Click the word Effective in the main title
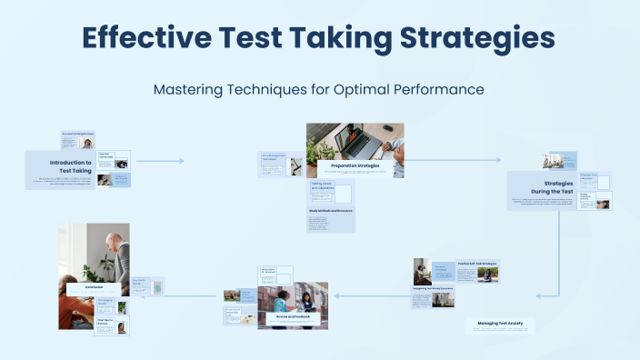pyautogui.click(x=146, y=38)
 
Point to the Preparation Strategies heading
pyautogui.click(x=355, y=165)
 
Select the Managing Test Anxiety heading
pyautogui.click(x=500, y=323)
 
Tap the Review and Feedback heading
pyautogui.click(x=286, y=316)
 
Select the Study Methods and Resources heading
pyautogui.click(x=331, y=211)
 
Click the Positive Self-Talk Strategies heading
pyautogui.click(x=478, y=263)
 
